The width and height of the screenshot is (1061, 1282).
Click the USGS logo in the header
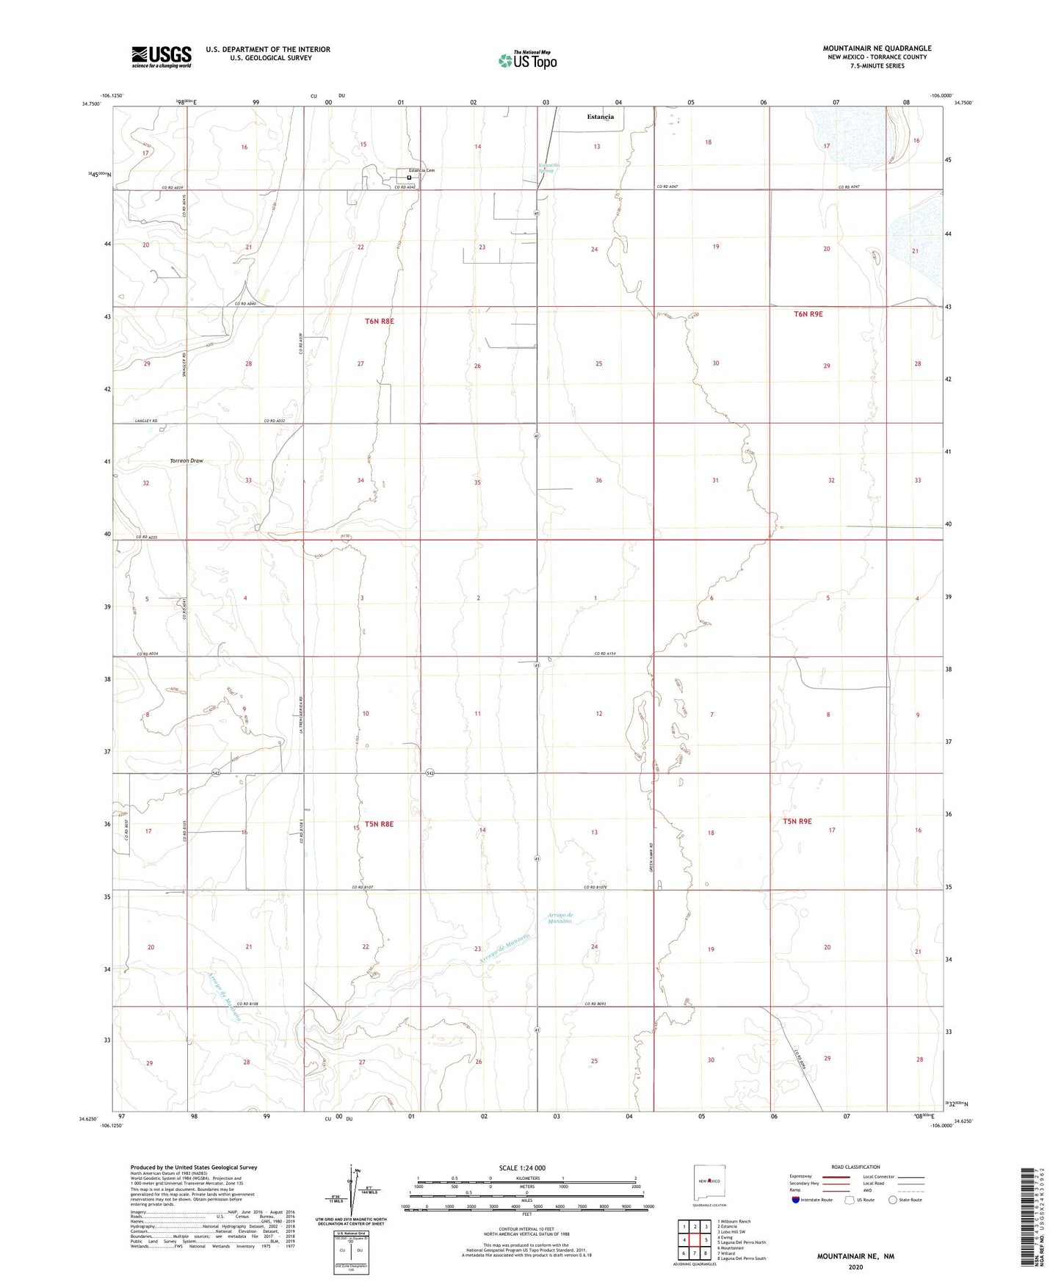(x=162, y=56)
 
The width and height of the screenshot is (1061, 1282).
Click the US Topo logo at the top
(x=527, y=60)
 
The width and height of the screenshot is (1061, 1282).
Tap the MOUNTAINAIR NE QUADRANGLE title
(x=877, y=48)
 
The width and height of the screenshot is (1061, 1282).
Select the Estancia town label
(x=600, y=117)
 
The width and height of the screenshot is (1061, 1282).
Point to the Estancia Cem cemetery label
(x=421, y=170)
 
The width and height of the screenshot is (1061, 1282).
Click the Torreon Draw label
(x=187, y=461)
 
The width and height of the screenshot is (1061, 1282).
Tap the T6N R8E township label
(x=380, y=322)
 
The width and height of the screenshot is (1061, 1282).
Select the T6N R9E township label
(x=808, y=314)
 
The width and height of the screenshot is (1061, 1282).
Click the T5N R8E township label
(x=379, y=824)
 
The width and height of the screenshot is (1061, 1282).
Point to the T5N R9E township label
(x=797, y=821)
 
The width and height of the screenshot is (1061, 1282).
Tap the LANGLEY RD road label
(x=146, y=421)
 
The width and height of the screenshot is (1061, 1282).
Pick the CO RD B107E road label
(x=596, y=887)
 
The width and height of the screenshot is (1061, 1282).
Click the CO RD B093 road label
(x=595, y=1004)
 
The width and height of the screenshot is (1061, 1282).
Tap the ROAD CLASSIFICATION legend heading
(x=855, y=1167)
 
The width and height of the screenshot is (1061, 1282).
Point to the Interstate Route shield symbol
(x=796, y=1200)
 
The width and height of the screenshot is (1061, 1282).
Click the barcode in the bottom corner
(x=1031, y=1219)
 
